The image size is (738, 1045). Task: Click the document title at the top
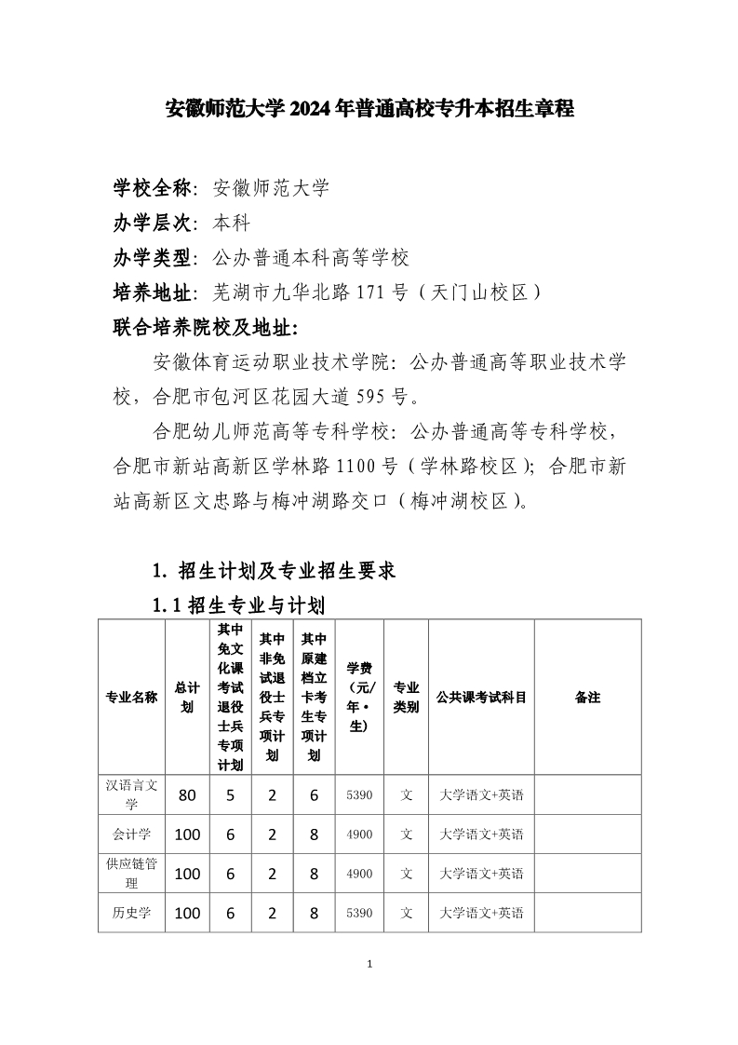369,109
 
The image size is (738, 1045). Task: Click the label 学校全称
152,188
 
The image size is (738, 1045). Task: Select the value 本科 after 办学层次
232,224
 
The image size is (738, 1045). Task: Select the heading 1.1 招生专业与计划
238,606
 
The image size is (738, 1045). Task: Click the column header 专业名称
131,698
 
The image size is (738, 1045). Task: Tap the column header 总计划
187,698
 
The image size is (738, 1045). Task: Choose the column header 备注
587,698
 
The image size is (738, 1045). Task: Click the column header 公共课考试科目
481,698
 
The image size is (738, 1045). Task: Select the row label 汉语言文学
131,794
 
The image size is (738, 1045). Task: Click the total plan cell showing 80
187,795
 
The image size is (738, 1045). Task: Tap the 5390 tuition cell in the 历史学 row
358,913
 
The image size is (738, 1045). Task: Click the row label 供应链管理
131,873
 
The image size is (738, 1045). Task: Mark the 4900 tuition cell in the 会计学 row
358,835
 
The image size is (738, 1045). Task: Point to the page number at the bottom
369,963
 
